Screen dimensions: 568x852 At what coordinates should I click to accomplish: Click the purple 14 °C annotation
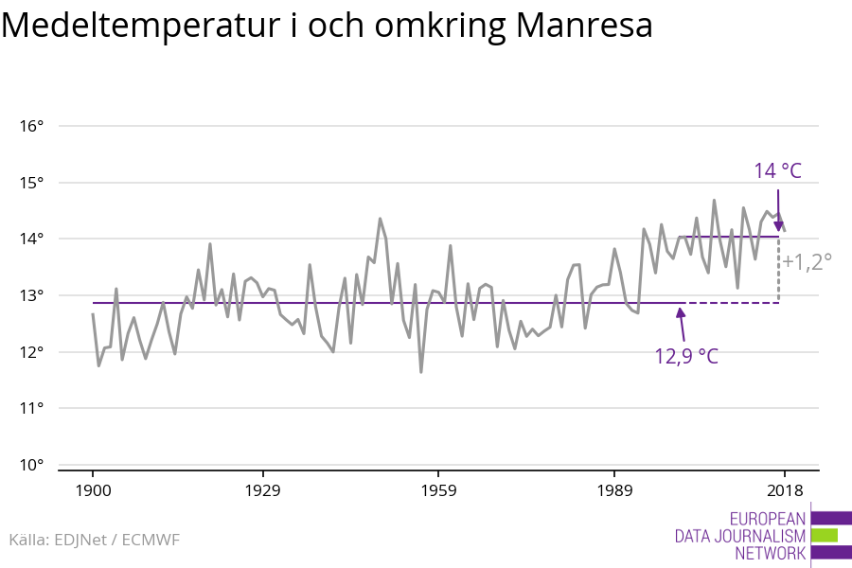777,171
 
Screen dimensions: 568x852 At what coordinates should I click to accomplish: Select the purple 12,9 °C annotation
686,357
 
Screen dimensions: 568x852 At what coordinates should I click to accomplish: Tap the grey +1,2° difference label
808,262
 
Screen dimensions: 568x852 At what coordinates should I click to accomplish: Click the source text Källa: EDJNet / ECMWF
94,540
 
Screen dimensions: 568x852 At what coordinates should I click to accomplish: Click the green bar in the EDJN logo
824,535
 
